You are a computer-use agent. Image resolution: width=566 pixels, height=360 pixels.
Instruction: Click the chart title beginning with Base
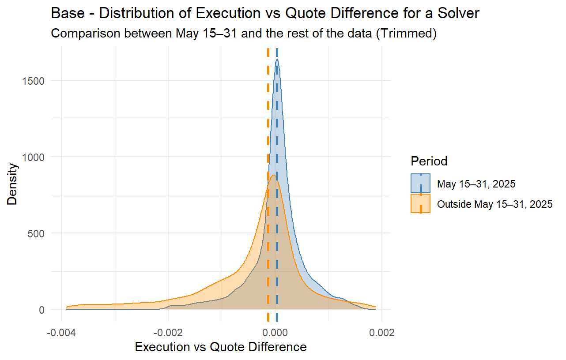point(265,13)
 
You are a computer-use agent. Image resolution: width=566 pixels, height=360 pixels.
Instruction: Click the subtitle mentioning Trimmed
point(244,34)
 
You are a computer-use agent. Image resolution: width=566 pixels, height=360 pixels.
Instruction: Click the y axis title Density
point(13,184)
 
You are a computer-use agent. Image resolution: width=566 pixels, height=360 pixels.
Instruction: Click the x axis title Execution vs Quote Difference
point(221,347)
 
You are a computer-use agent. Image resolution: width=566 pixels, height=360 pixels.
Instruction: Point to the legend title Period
point(429,161)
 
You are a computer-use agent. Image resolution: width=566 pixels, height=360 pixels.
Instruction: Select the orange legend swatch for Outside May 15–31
point(421,204)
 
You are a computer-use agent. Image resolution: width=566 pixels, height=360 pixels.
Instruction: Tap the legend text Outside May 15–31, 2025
point(494,204)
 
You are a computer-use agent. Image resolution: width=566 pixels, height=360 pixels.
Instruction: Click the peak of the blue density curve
point(277,59)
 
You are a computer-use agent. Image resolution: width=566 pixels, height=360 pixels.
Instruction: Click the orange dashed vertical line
point(268,132)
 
